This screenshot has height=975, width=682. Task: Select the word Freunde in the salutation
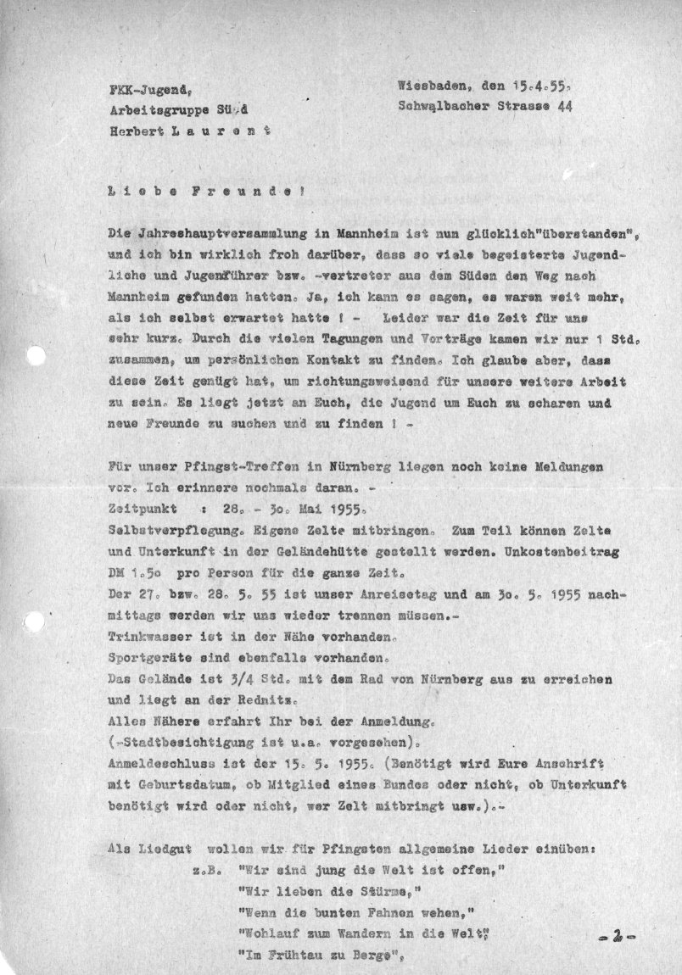(245, 192)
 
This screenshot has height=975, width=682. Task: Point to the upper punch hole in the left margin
(35, 358)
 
